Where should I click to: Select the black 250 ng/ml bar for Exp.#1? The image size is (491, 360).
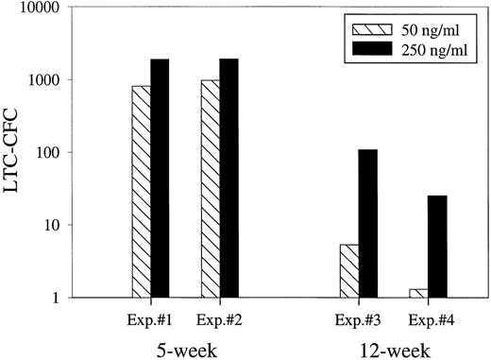click(160, 179)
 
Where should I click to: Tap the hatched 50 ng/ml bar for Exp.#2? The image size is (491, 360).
click(210, 189)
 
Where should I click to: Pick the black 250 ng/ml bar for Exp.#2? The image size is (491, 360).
click(229, 179)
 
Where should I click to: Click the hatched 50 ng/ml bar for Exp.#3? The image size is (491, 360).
click(347, 271)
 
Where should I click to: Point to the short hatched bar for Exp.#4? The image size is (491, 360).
click(416, 293)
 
